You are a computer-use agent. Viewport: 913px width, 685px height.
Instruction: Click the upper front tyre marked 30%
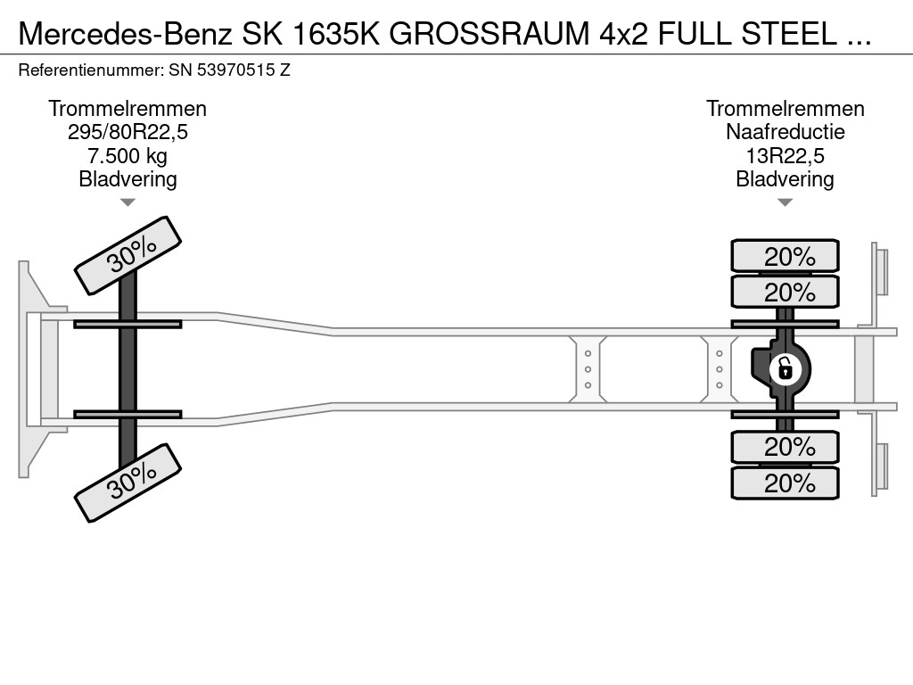pyautogui.click(x=128, y=255)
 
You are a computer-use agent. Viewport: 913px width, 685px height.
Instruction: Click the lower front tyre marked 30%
pyautogui.click(x=128, y=483)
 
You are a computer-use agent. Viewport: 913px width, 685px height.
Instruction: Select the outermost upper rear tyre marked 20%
pyautogui.click(x=785, y=255)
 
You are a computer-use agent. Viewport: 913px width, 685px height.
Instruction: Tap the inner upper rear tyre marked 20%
pyautogui.click(x=785, y=292)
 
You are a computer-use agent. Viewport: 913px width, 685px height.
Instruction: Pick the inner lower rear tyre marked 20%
pyautogui.click(x=785, y=447)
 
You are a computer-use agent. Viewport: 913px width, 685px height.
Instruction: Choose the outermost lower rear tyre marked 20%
pyautogui.click(x=785, y=483)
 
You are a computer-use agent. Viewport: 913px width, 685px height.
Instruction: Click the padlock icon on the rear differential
pyautogui.click(x=785, y=368)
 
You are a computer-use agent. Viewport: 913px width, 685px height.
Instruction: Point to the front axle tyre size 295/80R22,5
pyautogui.click(x=128, y=132)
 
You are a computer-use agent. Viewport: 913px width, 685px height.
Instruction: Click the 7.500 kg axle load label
pyautogui.click(x=127, y=155)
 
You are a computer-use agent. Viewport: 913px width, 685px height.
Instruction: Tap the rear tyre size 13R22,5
pyautogui.click(x=785, y=155)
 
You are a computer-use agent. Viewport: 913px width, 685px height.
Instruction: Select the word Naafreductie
pyautogui.click(x=785, y=132)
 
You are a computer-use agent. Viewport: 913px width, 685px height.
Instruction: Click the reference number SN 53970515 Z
pyautogui.click(x=229, y=70)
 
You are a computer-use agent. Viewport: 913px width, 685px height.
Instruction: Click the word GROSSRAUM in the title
pyautogui.click(x=489, y=34)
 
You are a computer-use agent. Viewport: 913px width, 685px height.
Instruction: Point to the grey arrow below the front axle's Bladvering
pyautogui.click(x=128, y=202)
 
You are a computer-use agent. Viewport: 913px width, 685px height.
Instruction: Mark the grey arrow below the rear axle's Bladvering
pyautogui.click(x=785, y=202)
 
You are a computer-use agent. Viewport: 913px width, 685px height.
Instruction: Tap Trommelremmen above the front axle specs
pyautogui.click(x=127, y=109)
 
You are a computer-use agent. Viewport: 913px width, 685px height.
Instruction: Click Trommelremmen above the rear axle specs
pyautogui.click(x=785, y=109)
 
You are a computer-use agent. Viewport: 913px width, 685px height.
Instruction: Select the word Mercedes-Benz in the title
pyautogui.click(x=126, y=34)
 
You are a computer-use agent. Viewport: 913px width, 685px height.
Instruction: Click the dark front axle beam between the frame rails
pyautogui.click(x=127, y=368)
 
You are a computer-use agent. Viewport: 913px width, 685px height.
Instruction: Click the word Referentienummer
pyautogui.click(x=91, y=70)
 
